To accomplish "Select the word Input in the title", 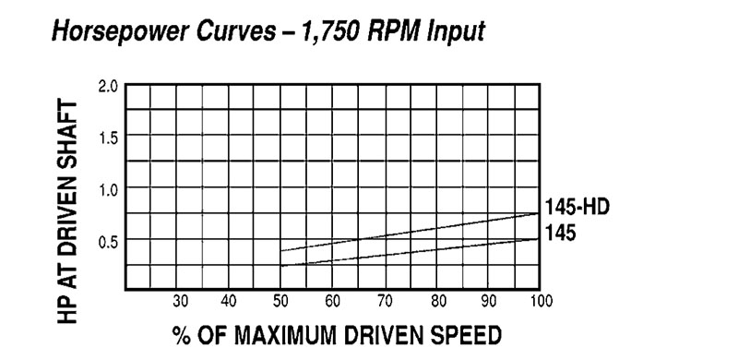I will click(x=457, y=33).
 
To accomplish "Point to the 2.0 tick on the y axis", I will click(x=108, y=87).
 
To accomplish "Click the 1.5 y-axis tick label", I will click(x=108, y=138).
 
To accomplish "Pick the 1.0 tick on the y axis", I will click(x=108, y=189).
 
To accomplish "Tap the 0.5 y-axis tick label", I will click(x=108, y=241).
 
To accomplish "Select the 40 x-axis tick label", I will click(x=229, y=301).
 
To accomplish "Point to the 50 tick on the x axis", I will click(x=280, y=301).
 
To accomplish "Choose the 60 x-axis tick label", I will click(x=332, y=301).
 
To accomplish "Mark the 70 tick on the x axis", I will click(x=385, y=301).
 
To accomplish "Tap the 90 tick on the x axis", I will click(x=488, y=301).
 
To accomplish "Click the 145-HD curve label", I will click(x=577, y=208).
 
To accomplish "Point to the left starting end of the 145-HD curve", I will click(x=280, y=250).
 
